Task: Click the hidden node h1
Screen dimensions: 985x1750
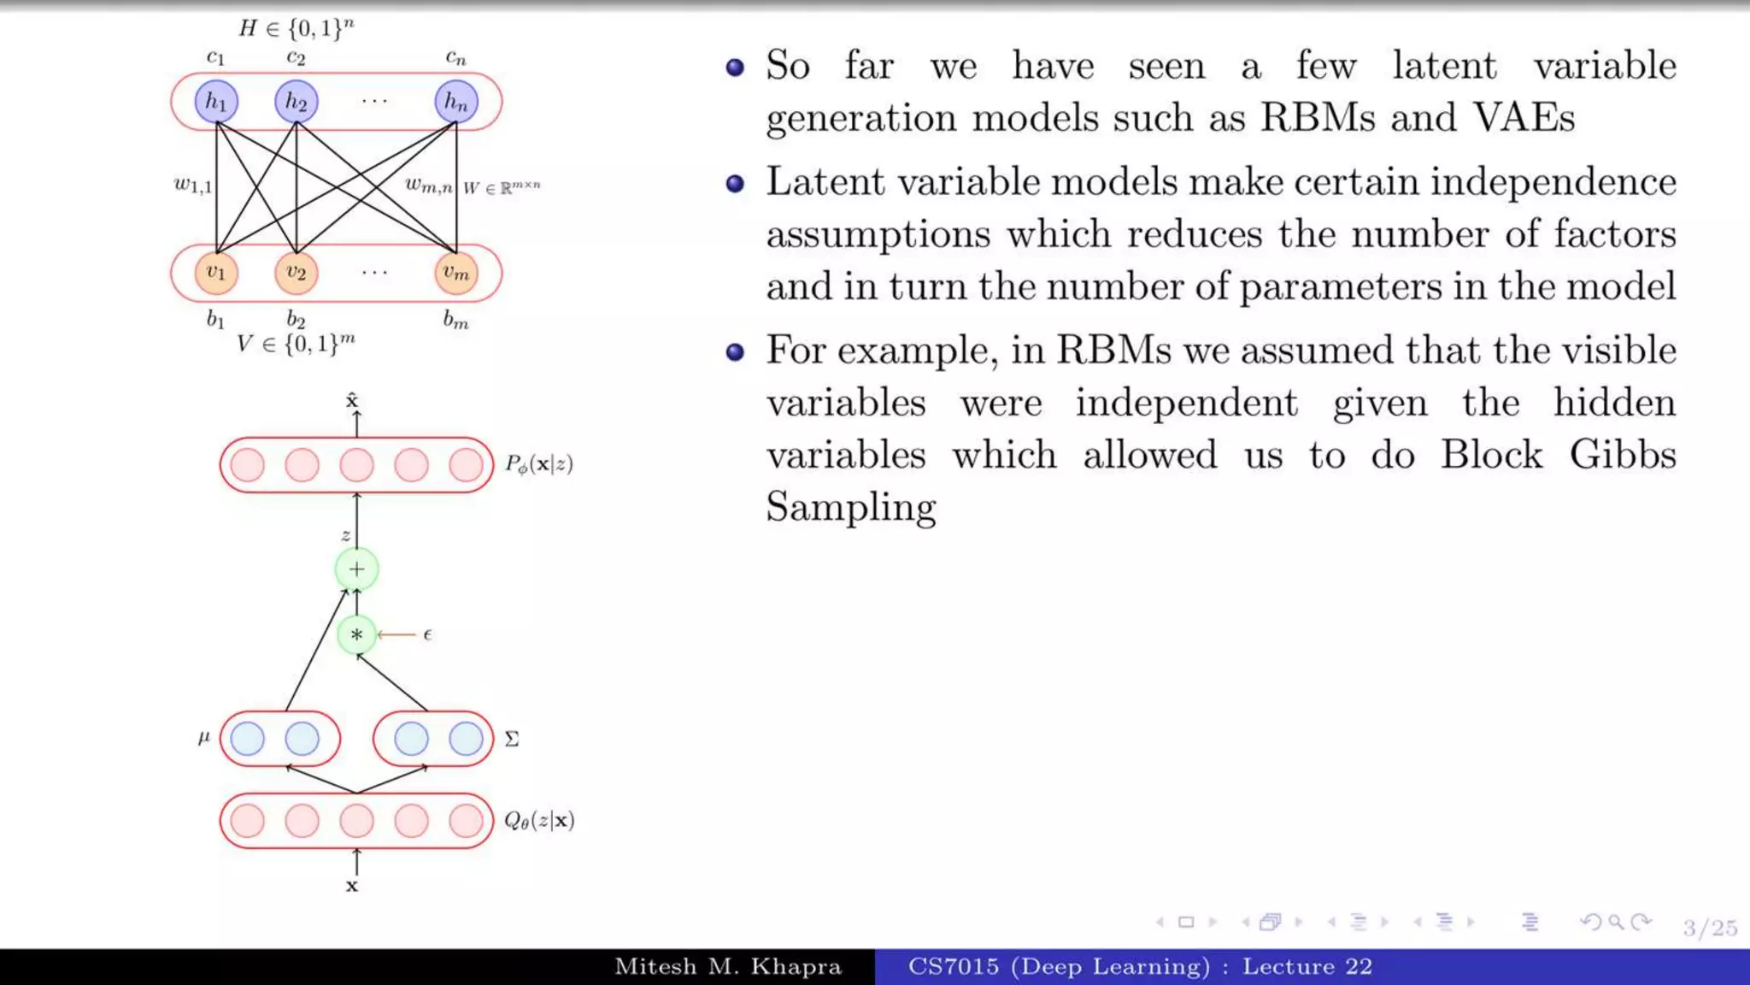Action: [216, 102]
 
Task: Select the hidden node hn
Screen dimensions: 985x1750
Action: [456, 102]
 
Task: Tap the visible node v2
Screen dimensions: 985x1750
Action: [296, 273]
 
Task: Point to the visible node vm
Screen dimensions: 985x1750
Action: [456, 273]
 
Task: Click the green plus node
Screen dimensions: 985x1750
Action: [356, 569]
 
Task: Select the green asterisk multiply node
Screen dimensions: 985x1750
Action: [356, 635]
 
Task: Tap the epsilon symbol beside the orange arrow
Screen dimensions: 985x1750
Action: [427, 634]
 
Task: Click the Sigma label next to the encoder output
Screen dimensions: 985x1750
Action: [512, 739]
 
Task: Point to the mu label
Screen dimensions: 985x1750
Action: [203, 736]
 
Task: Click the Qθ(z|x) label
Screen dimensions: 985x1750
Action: [539, 821]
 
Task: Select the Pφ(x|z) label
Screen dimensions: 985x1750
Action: [539, 464]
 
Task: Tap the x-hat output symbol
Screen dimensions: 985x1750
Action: [352, 400]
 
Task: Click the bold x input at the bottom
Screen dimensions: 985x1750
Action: [352, 887]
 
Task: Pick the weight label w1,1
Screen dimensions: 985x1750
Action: [192, 185]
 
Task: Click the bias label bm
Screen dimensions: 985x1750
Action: [455, 321]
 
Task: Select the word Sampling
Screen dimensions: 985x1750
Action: [851, 507]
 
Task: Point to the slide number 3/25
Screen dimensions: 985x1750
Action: [1710, 928]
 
